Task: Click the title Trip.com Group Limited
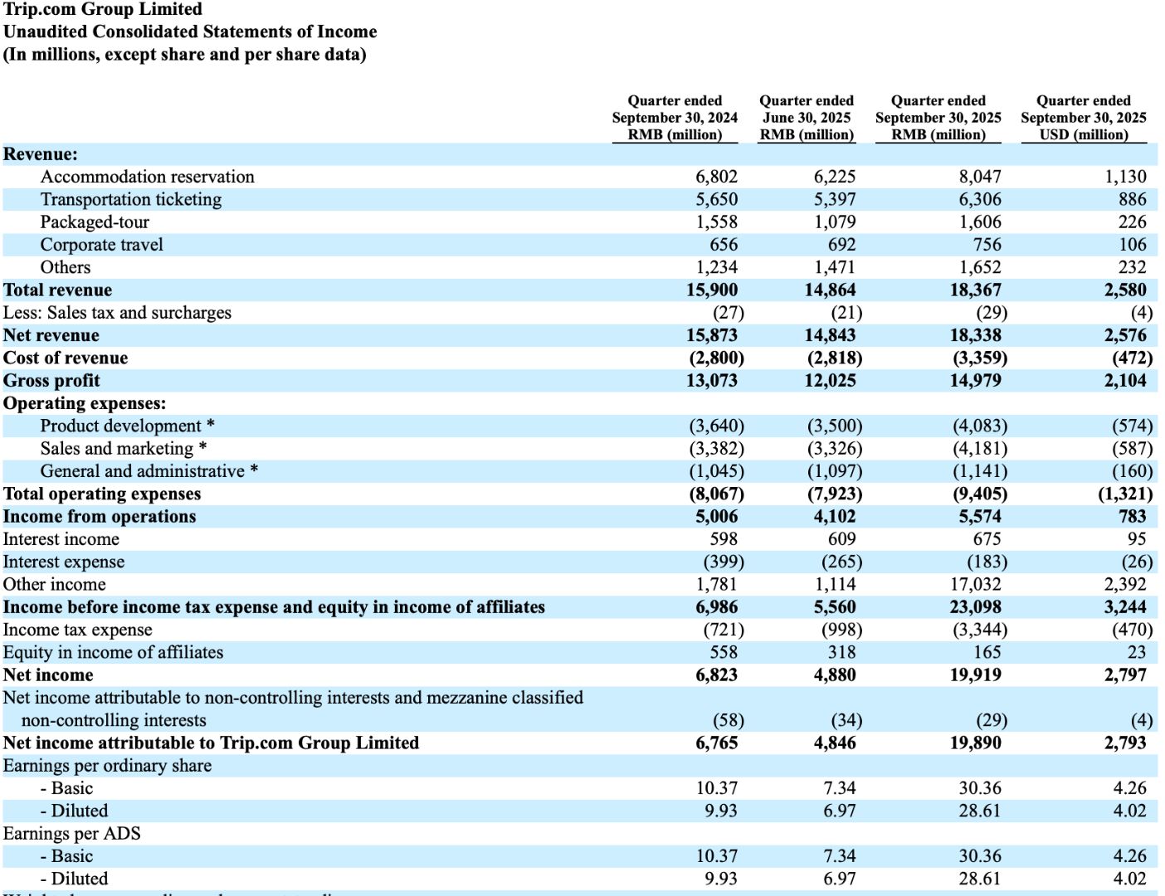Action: click(x=103, y=9)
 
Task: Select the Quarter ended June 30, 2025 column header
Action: click(x=806, y=117)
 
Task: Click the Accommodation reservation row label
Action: click(x=147, y=177)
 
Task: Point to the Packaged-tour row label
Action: click(x=95, y=222)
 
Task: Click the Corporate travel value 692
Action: click(x=841, y=245)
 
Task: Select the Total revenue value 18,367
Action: click(x=975, y=290)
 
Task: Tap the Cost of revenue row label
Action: click(x=66, y=358)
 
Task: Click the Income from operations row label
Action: click(x=100, y=517)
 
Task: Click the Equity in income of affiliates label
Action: click(x=113, y=653)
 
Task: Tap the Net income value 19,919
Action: click(x=975, y=675)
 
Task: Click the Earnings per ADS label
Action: click(x=71, y=834)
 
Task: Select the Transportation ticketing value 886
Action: click(x=1132, y=200)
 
